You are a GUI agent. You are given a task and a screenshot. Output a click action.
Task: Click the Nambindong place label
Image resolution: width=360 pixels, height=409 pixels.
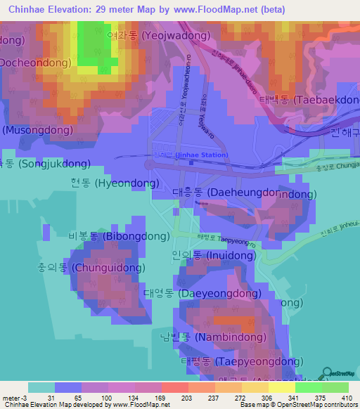tap(221, 337)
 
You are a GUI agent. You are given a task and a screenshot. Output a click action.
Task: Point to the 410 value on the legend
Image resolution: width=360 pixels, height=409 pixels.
tap(345, 398)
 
